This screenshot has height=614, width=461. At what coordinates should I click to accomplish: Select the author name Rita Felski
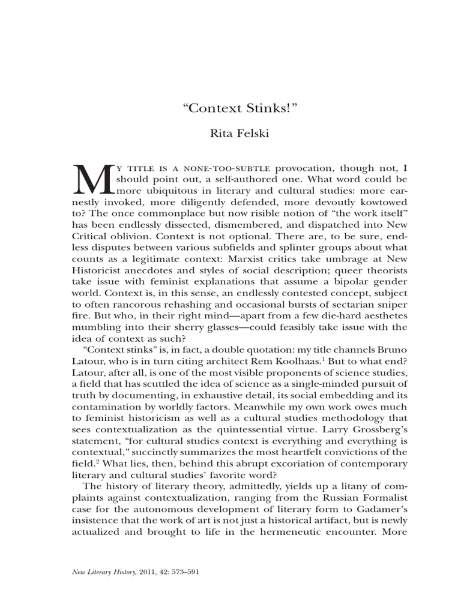(230, 133)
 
